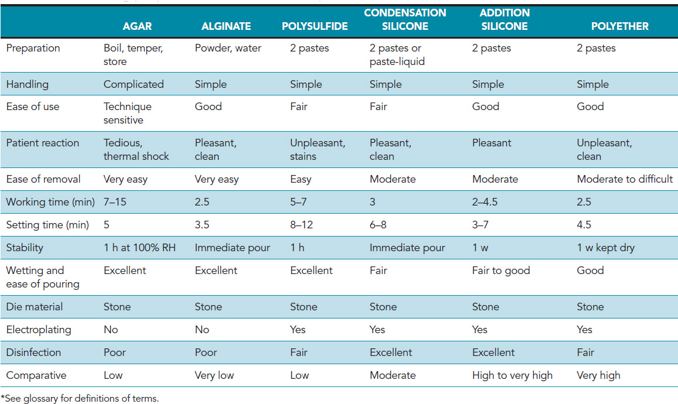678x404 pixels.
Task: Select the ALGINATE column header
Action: click(226, 26)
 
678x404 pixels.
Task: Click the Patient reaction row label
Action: click(42, 143)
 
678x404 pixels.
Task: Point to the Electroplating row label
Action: click(38, 330)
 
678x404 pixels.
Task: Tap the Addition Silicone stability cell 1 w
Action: click(481, 248)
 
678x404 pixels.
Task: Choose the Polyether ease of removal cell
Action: click(625, 179)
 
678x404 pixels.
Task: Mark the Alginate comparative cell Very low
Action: click(216, 375)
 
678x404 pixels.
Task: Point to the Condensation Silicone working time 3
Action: click(373, 202)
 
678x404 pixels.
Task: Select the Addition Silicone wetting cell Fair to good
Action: click(501, 271)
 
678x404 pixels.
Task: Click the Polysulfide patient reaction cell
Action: click(318, 149)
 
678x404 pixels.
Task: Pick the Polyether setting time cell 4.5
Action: click(584, 225)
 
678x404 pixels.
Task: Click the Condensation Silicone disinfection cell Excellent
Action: click(391, 352)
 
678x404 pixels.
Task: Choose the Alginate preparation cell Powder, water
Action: click(228, 49)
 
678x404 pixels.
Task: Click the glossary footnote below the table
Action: click(80, 398)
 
